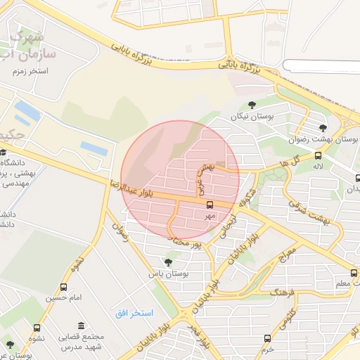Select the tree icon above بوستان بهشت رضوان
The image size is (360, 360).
(323, 128)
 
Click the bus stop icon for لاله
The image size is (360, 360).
(318, 156)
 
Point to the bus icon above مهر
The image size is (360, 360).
(209, 205)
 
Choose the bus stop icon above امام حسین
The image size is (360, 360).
(64, 287)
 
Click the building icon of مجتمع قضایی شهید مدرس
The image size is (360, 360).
(82, 327)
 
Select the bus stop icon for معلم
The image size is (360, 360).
(353, 273)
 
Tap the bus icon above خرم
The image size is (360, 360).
(266, 338)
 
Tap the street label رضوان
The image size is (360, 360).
(126, 233)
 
